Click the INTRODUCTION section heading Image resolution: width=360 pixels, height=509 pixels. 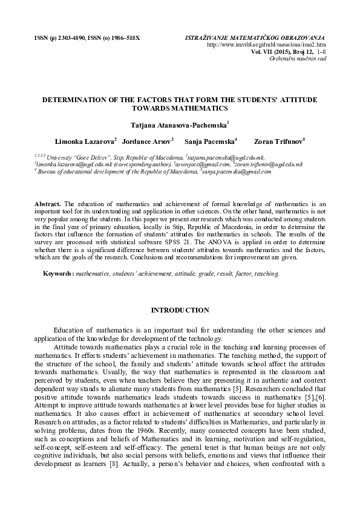tap(180, 310)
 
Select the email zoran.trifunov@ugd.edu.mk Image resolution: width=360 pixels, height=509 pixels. tap(268, 164)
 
